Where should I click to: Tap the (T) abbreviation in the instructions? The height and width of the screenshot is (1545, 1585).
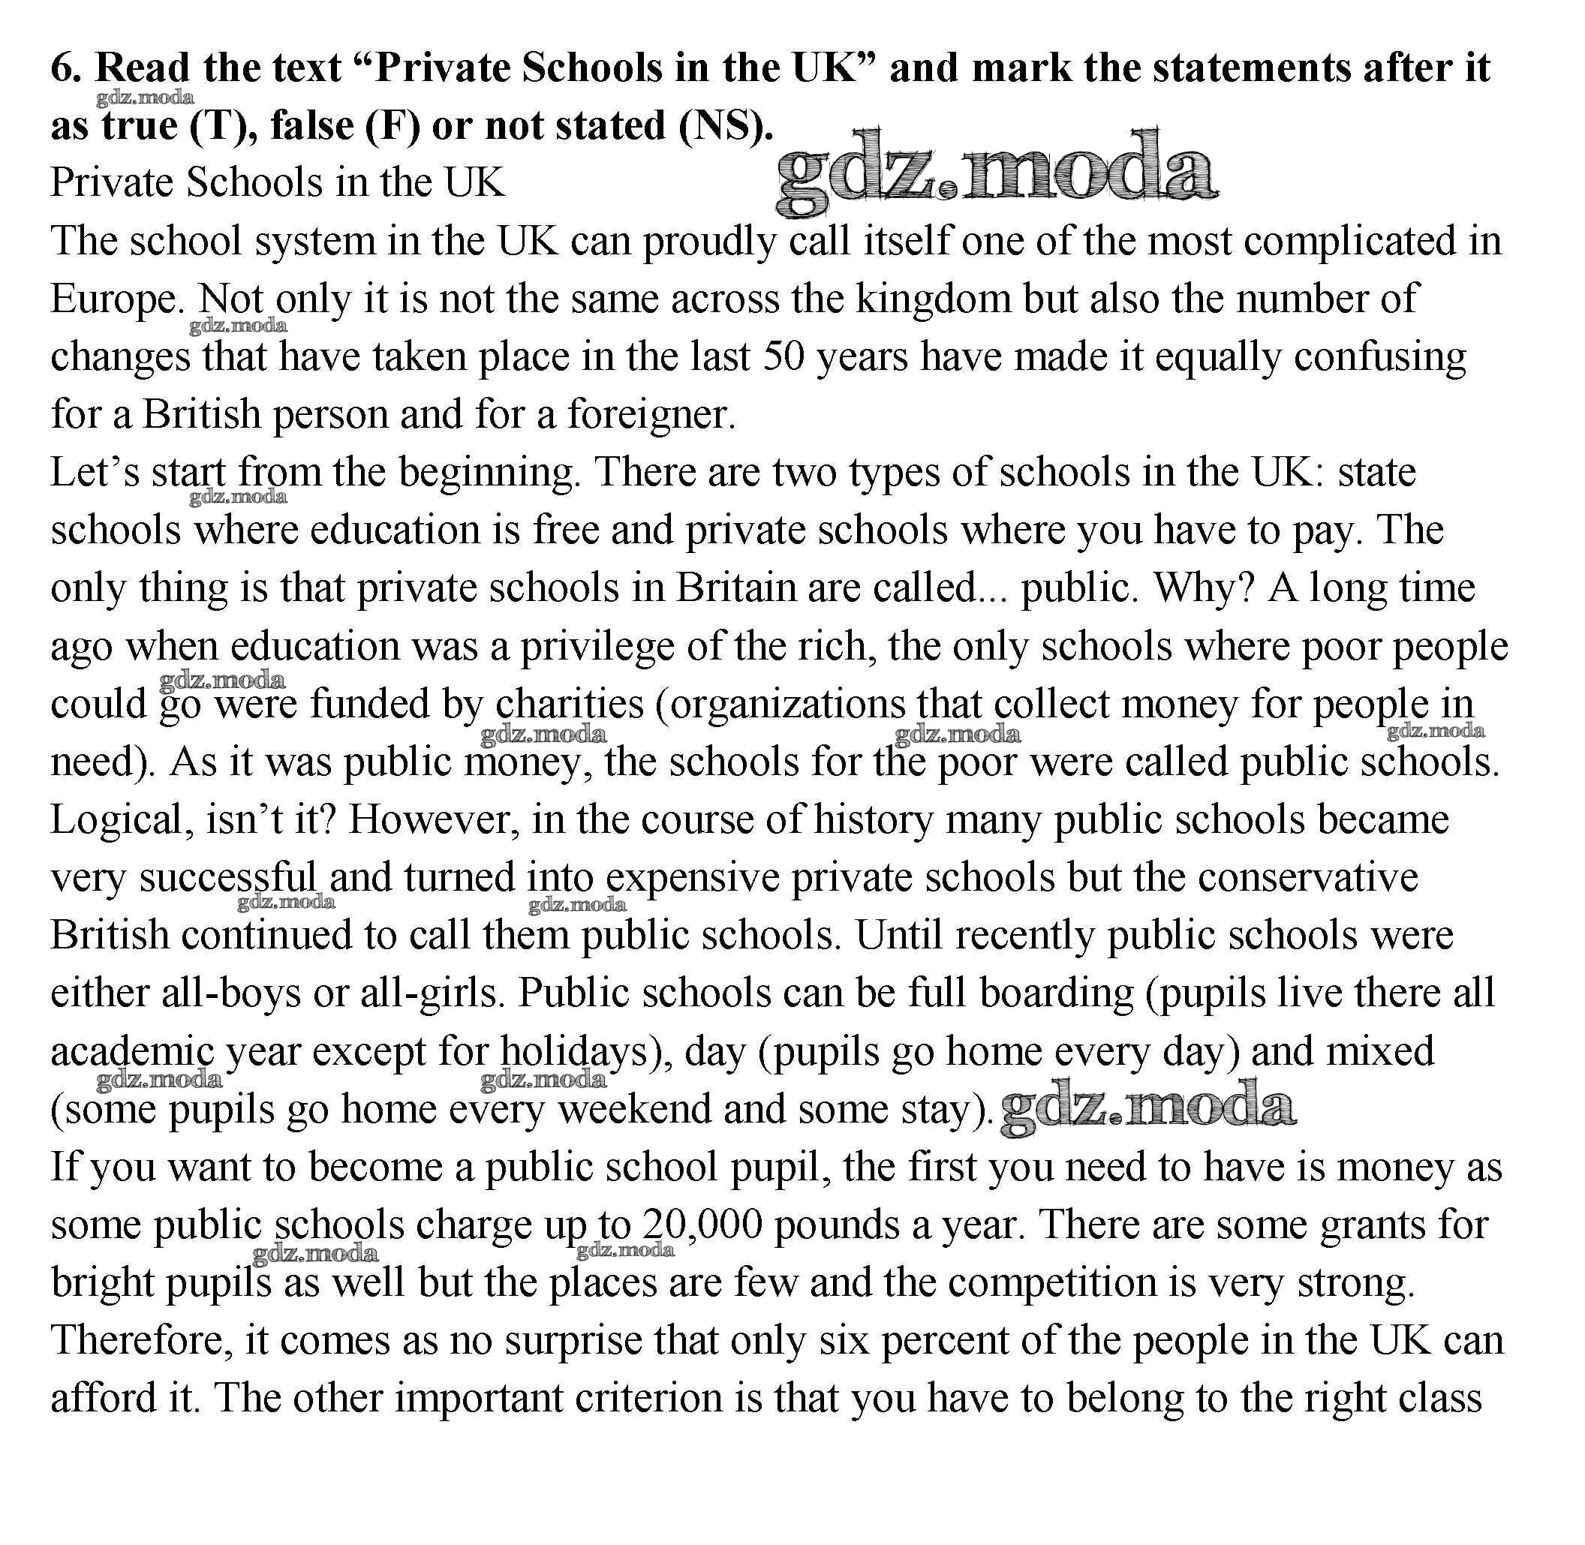[x=221, y=126]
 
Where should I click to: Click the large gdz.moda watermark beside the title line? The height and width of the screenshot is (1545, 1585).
[x=997, y=173]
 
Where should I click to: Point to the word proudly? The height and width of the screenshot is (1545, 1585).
[x=708, y=242]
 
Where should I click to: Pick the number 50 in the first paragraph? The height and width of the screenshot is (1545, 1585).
[x=783, y=357]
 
